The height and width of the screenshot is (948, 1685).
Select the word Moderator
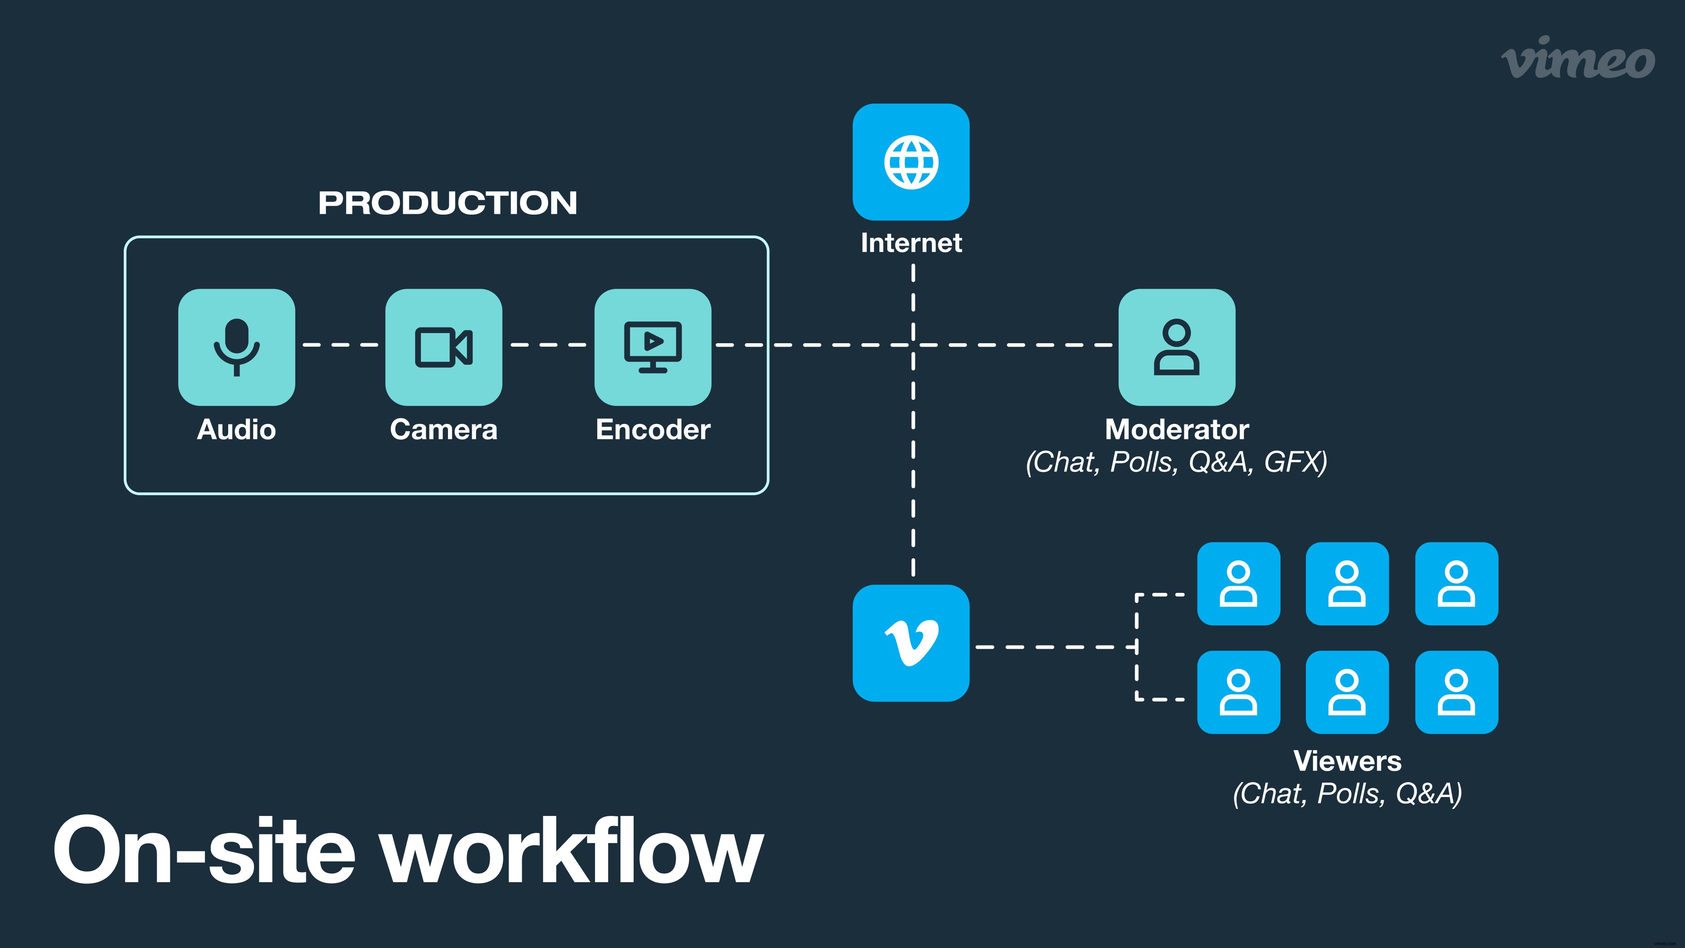(x=1176, y=429)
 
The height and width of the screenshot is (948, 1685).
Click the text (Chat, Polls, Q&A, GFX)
(x=1176, y=462)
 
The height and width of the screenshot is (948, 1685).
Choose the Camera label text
(x=444, y=430)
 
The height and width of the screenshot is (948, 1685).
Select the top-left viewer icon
(x=1238, y=584)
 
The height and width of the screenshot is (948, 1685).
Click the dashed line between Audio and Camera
(x=340, y=344)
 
